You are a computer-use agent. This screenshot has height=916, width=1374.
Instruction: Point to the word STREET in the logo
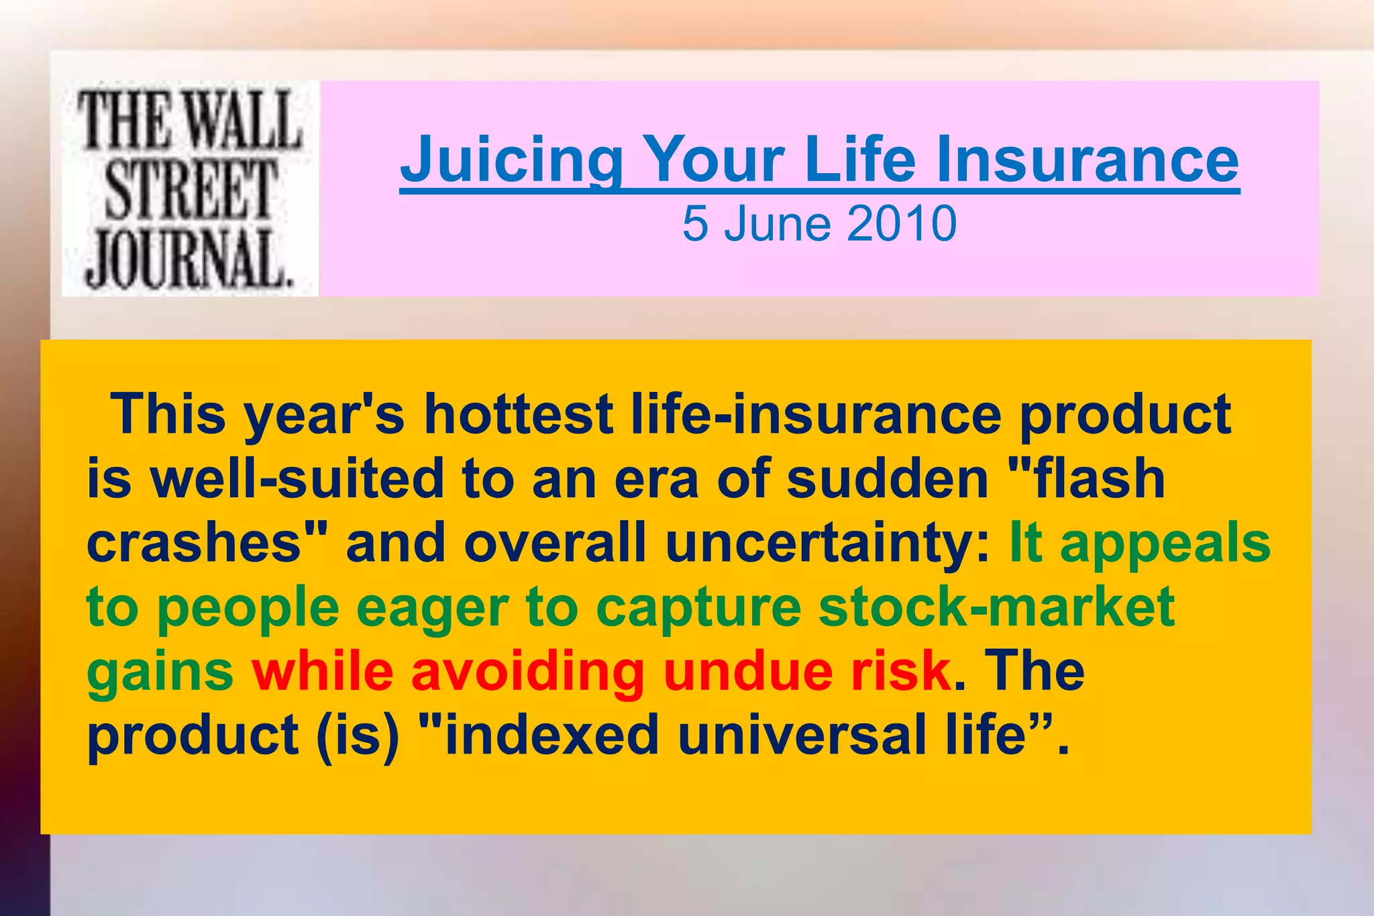[x=191, y=191]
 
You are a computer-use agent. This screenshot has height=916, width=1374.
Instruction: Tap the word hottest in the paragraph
[x=518, y=414]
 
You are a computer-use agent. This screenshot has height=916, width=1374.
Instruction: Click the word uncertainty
[x=828, y=543]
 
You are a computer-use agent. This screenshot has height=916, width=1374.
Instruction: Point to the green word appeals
[x=1165, y=543]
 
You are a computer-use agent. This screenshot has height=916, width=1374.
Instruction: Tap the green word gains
[x=160, y=672]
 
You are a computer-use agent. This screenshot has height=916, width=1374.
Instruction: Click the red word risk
[x=901, y=672]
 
